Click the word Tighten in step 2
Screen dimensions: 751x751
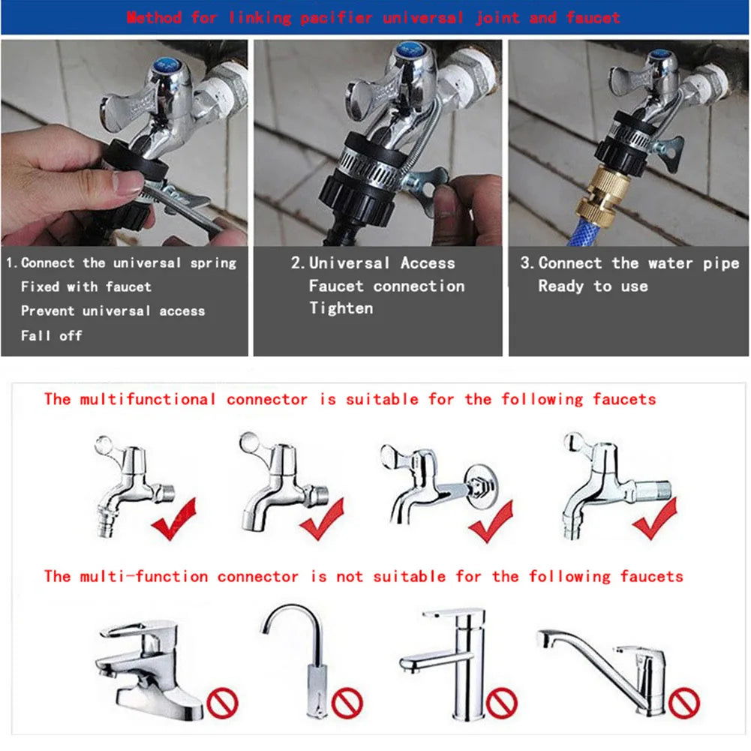[341, 308]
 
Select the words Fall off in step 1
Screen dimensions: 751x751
[51, 335]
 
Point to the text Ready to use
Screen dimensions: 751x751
[593, 286]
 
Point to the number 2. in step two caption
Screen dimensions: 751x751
[297, 263]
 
